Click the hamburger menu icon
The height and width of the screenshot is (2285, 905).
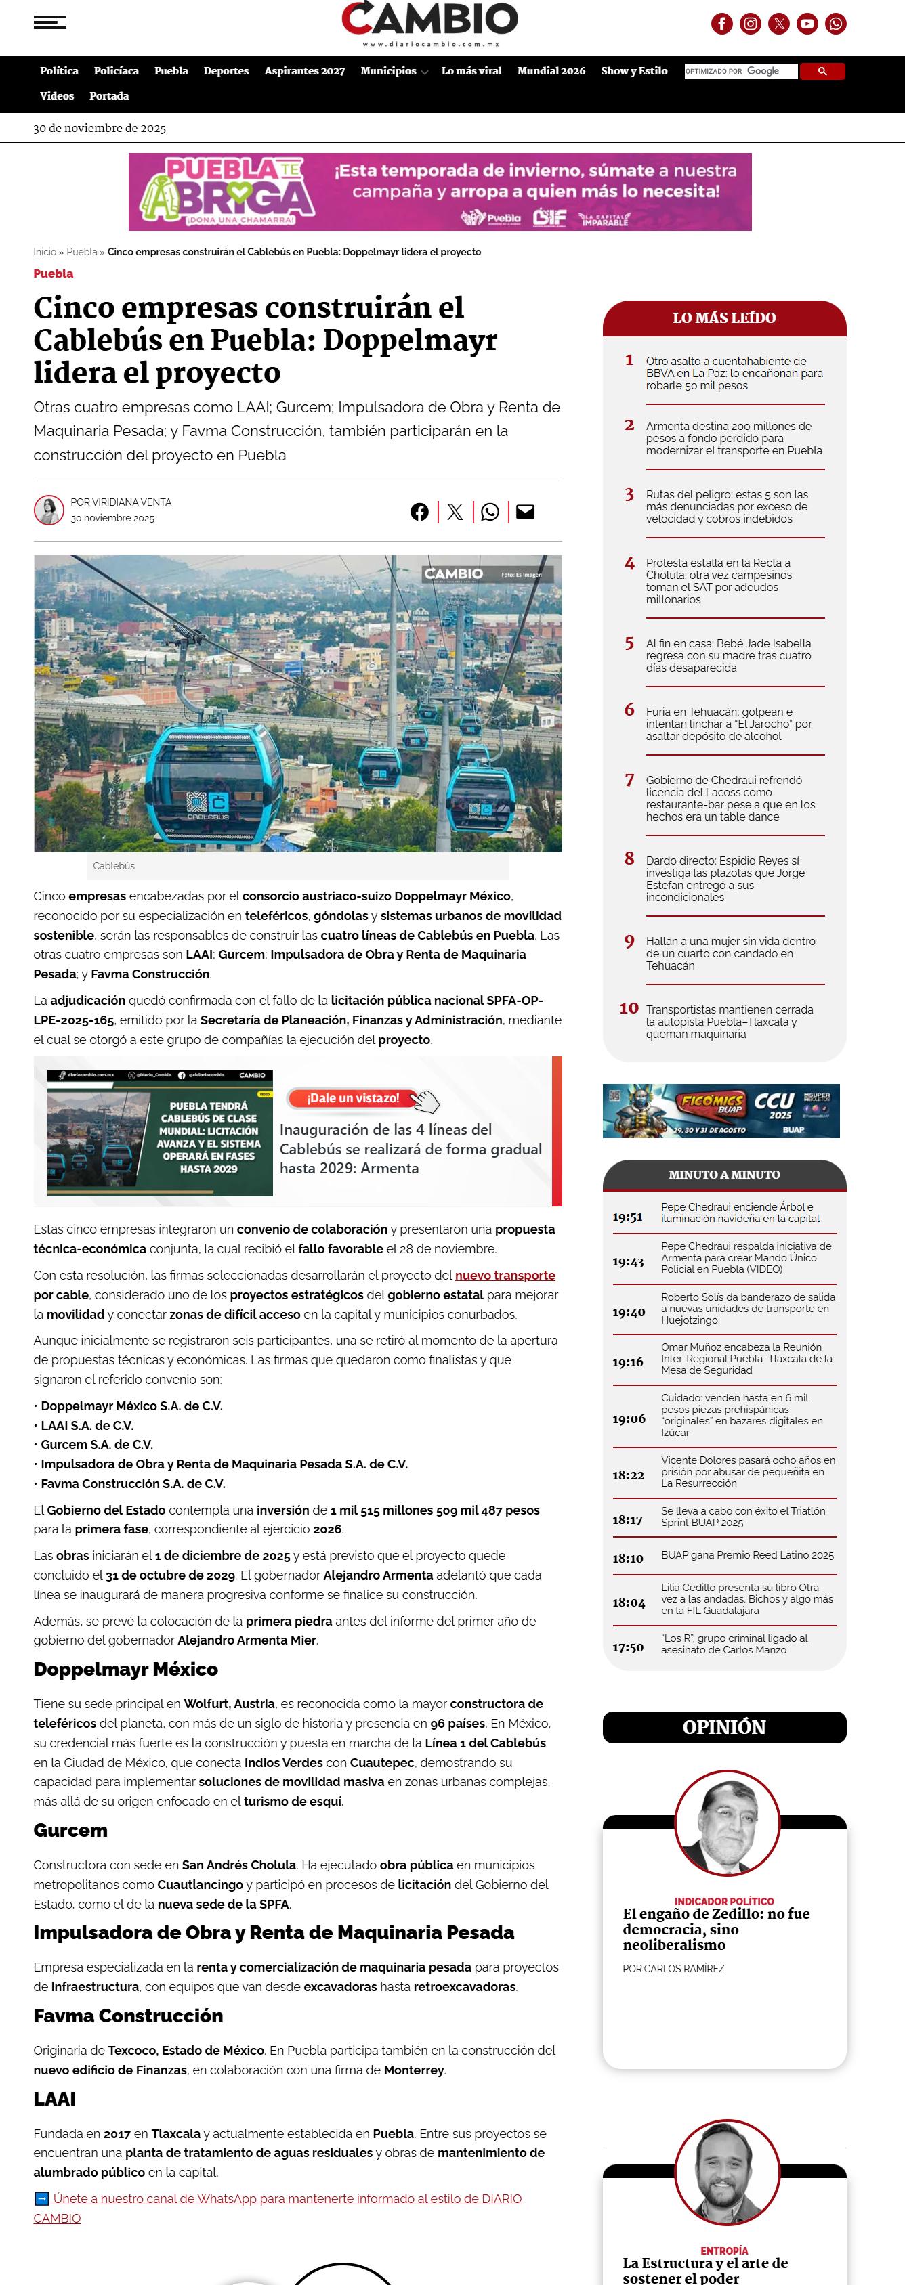tap(49, 22)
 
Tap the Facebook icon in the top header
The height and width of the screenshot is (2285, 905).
tap(721, 24)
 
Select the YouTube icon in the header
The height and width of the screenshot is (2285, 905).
tap(807, 24)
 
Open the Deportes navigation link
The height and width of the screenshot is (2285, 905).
tap(226, 71)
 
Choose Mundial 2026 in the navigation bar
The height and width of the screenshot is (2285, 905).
tap(551, 71)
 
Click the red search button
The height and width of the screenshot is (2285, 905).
tap(822, 71)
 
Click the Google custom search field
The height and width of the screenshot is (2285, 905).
tap(741, 71)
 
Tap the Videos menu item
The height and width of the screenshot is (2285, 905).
tap(57, 95)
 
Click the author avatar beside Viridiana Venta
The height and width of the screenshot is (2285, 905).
tap(49, 509)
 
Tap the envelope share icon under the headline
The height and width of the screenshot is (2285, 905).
tap(525, 512)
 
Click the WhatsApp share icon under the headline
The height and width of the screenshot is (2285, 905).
tap(490, 512)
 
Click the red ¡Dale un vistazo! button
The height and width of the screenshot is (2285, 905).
tap(353, 1098)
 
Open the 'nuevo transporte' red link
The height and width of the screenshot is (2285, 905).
tap(505, 1275)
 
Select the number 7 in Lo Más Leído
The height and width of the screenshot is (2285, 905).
tap(629, 780)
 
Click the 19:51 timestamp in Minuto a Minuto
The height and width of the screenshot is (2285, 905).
tap(627, 1217)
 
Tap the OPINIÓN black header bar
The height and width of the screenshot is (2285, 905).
tap(724, 1726)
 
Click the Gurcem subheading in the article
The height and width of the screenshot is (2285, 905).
tap(70, 1830)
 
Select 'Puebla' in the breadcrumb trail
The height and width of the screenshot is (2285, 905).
tap(82, 252)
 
